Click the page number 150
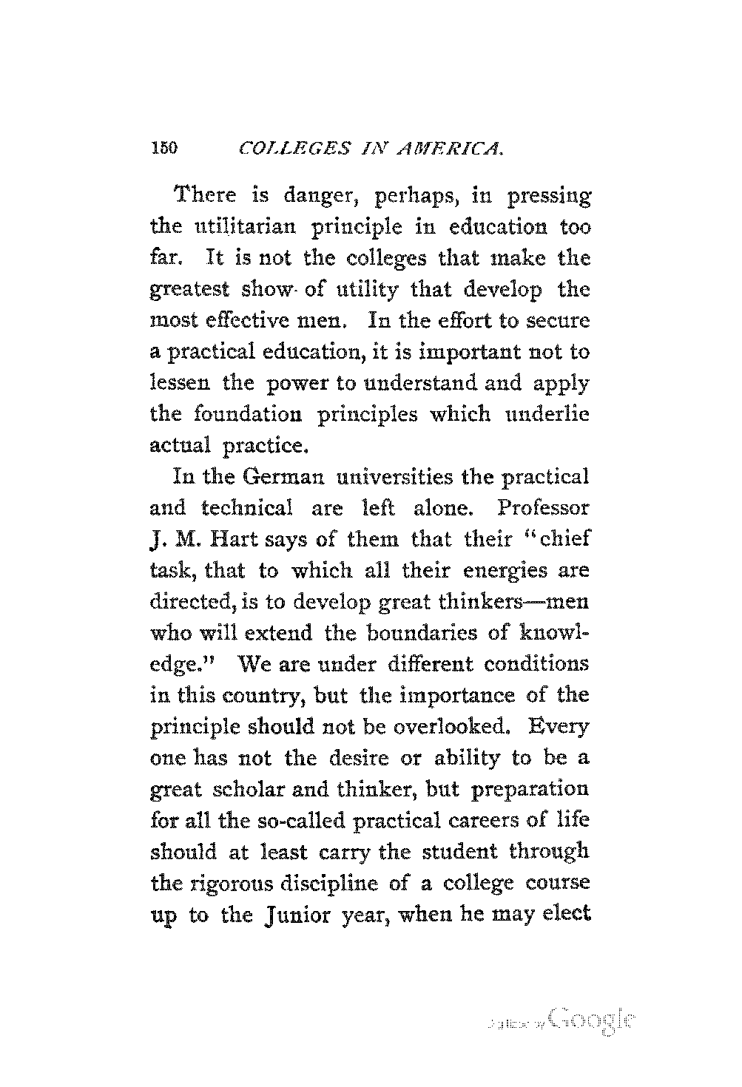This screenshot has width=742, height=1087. click(x=162, y=148)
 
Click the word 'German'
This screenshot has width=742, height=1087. click(x=285, y=477)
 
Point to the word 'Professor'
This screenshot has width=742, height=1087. click(x=544, y=509)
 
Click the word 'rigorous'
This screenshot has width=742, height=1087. click(x=226, y=884)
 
